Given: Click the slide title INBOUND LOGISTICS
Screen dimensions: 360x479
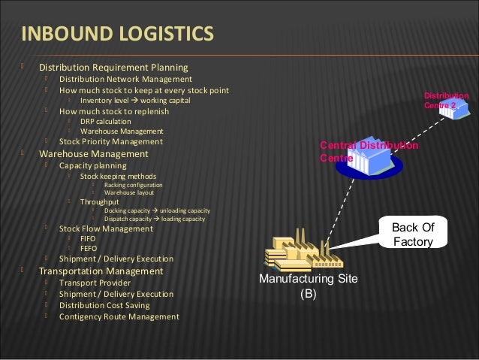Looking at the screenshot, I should (116, 35).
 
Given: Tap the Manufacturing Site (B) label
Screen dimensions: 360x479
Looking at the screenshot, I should (308, 286).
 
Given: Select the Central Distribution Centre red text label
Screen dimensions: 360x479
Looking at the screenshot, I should (368, 151).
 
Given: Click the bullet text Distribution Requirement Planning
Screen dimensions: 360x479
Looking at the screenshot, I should (113, 68).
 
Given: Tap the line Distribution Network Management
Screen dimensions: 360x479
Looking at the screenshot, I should (125, 79).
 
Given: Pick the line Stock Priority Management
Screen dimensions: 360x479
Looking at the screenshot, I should (110, 141).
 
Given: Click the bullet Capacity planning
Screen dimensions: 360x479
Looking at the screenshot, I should (93, 165).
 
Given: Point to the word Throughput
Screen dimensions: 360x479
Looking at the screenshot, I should (99, 202).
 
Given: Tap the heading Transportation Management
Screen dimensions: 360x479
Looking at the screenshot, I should (101, 271).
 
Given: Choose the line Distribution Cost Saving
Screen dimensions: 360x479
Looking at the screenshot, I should (104, 305).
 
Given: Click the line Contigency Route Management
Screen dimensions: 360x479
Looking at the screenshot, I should (119, 316).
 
